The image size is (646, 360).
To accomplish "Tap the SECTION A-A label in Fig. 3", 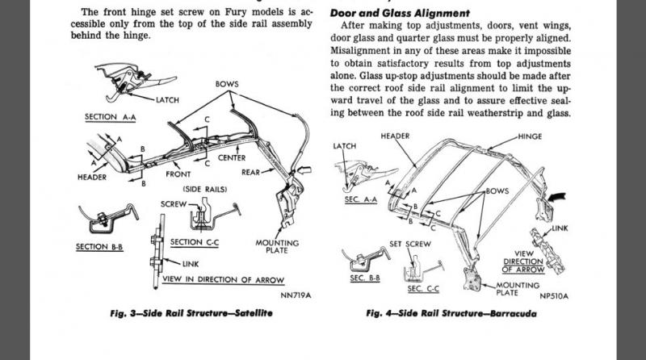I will point(111,117).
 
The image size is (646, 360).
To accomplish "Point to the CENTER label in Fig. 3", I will point(231,157).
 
